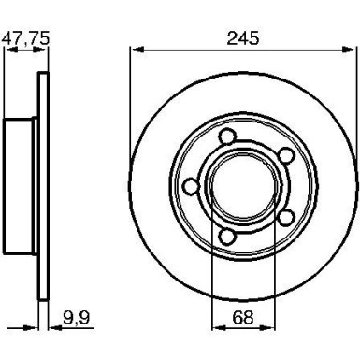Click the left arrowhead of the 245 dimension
[133, 50]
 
